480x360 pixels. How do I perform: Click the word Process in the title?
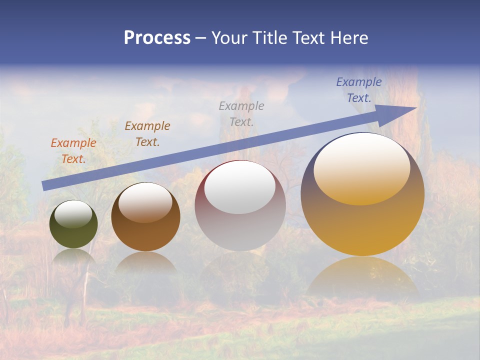[x=157, y=37]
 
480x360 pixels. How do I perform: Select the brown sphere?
[x=145, y=232]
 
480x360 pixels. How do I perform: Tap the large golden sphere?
[x=362, y=225]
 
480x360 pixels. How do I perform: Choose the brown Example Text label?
[x=147, y=134]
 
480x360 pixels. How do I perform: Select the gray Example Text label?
[x=241, y=113]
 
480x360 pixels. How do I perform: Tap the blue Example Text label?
[x=359, y=90]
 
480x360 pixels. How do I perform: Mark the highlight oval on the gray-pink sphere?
[x=240, y=187]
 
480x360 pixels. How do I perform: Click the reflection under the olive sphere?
[x=74, y=256]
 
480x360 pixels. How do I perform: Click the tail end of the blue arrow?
[x=46, y=185]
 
